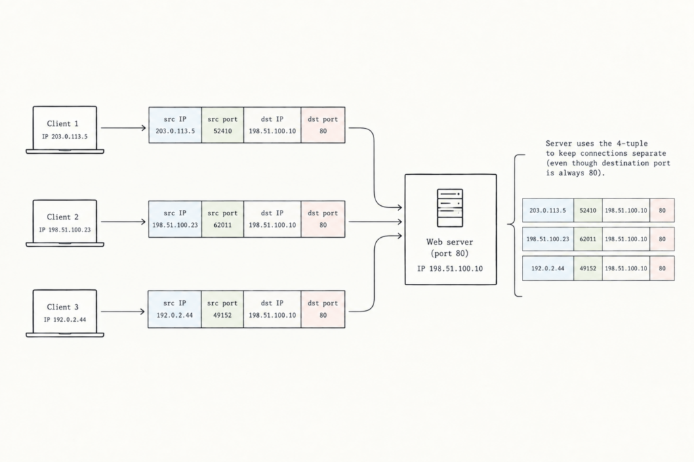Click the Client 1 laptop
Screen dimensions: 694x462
point(64,129)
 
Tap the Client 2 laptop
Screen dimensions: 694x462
point(64,223)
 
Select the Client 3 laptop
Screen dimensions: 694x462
point(64,314)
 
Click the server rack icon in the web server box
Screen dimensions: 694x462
point(450,208)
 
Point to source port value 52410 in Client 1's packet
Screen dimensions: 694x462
point(222,131)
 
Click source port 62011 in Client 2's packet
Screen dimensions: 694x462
point(222,225)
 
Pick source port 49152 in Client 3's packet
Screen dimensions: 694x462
point(222,315)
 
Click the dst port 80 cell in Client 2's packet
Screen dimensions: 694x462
point(323,219)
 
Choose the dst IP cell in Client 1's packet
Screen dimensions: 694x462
point(272,125)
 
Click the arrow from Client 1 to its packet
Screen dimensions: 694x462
point(123,128)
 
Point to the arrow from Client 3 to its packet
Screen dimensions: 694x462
point(123,312)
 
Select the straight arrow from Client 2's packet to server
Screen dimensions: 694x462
point(375,222)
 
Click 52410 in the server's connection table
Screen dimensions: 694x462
point(588,211)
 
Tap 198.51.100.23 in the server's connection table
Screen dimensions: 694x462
point(548,239)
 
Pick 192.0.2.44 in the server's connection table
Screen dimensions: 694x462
point(548,268)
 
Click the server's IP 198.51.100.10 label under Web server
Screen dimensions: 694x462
point(450,269)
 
